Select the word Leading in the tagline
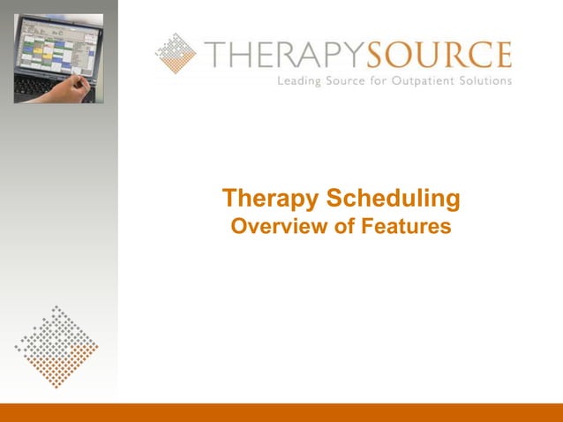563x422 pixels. point(301,81)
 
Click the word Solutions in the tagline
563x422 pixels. point(484,81)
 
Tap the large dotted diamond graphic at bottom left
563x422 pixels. point(56,347)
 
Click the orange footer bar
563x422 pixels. point(281,412)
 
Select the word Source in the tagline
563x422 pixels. point(350,81)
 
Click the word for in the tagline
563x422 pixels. point(385,81)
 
